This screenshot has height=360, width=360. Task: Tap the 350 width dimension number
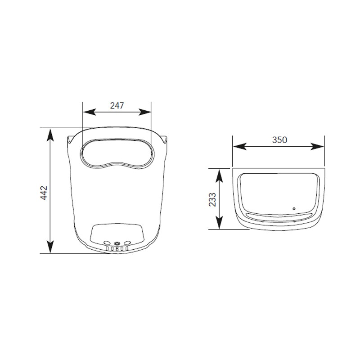point(279,140)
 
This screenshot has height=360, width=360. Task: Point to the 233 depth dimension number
point(213,198)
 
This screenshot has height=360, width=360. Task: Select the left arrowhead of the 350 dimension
point(237,146)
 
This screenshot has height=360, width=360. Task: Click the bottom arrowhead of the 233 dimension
point(219,225)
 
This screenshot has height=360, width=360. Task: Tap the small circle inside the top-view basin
point(294,208)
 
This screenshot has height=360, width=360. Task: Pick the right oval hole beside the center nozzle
point(127,243)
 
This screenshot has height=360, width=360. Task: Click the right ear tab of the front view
point(166,139)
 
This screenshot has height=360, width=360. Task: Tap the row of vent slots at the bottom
point(117,248)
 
